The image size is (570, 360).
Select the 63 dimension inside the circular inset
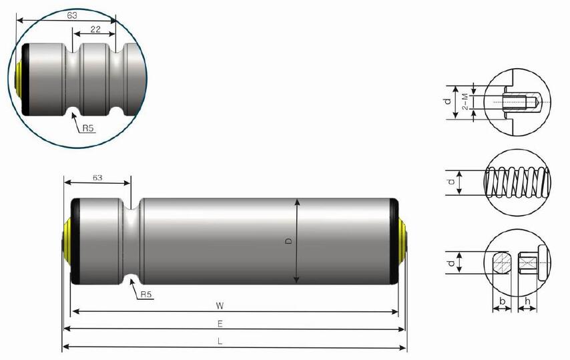pos(72,14)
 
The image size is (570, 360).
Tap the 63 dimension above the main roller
pos(97,178)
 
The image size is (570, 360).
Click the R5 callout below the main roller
pos(146,294)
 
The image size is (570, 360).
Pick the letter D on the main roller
pos(289,240)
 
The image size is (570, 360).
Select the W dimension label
pos(220,305)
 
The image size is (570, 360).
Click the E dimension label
pos(220,323)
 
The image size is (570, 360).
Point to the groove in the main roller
pos(134,240)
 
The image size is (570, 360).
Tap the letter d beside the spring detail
pos(451,182)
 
